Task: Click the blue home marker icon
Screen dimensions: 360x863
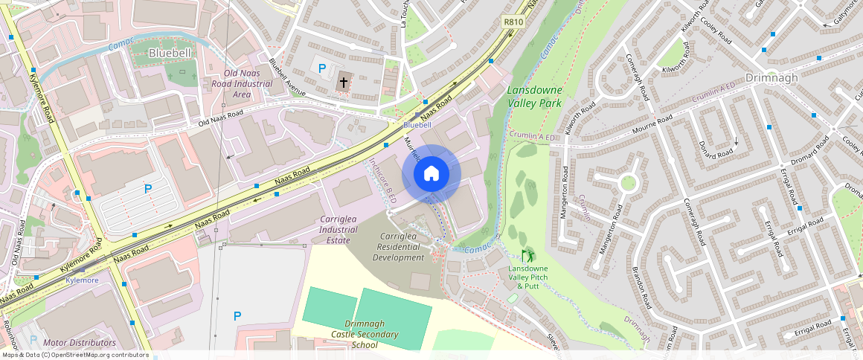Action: coord(431,174)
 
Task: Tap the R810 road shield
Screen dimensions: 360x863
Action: coord(513,22)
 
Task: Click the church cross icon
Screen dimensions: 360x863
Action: coord(343,82)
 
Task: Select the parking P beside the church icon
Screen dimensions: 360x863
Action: coord(322,68)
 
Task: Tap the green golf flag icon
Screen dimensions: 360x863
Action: coord(527,255)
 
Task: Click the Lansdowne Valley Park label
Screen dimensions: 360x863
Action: coord(534,97)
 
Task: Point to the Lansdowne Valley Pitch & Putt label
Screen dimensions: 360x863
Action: coord(528,277)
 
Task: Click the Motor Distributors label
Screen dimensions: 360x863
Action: coord(80,343)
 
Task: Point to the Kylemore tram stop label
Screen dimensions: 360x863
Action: coord(82,280)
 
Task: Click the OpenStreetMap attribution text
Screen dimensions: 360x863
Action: coord(74,355)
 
